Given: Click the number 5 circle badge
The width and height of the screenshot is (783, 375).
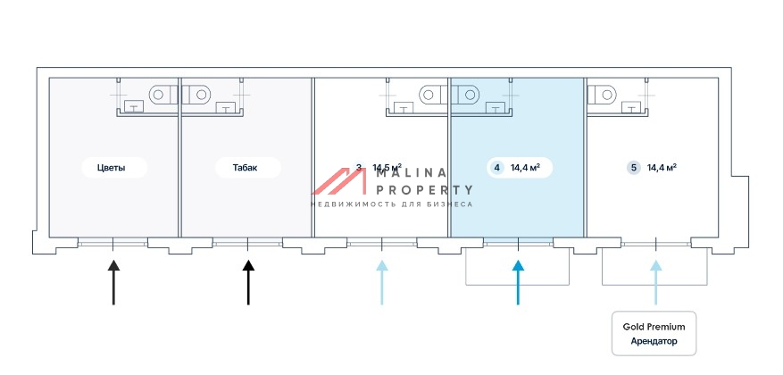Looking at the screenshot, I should tap(633, 167).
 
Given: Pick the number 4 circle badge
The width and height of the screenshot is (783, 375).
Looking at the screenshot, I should tap(497, 167).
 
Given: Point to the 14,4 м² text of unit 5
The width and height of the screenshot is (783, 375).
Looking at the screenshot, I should tap(662, 167).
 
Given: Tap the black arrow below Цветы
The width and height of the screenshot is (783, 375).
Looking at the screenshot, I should tap(113, 281).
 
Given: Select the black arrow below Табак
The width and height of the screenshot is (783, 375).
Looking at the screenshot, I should tap(248, 281).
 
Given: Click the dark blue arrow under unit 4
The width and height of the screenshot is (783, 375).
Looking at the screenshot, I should tap(518, 281).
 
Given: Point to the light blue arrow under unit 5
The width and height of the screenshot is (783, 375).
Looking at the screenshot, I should tap(656, 281).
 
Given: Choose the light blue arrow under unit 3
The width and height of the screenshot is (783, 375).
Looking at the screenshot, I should tap(382, 281).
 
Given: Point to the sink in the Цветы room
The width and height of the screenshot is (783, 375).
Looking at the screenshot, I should tap(135, 108).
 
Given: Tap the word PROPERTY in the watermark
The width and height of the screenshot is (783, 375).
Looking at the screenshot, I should tap(425, 189).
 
